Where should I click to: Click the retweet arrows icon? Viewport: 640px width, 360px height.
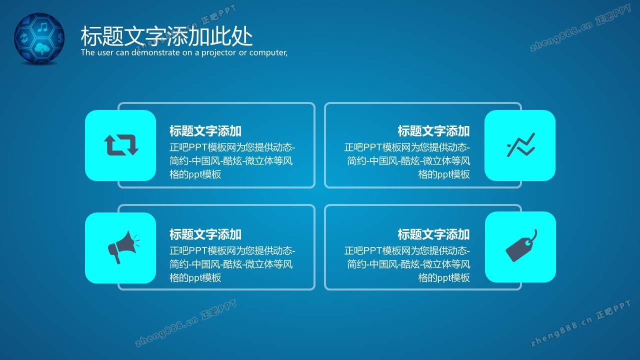[x=121, y=145]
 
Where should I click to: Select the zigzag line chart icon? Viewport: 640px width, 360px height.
[x=521, y=144]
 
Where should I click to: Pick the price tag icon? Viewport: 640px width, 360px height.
[x=521, y=245]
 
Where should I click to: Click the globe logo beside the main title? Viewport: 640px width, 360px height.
[x=39, y=38]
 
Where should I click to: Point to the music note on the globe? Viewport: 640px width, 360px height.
[x=43, y=27]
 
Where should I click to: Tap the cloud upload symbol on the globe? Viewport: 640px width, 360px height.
[x=42, y=48]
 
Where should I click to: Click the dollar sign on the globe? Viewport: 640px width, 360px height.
[x=60, y=37]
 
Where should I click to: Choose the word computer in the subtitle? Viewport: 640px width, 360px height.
[x=268, y=52]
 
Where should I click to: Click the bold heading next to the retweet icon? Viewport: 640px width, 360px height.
[x=205, y=131]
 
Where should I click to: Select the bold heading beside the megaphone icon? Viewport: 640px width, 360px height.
[x=205, y=234]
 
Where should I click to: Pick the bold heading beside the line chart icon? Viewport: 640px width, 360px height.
[x=433, y=131]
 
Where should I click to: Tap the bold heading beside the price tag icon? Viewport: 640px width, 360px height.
[x=433, y=234]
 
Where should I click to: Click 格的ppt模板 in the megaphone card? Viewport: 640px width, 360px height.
[x=195, y=277]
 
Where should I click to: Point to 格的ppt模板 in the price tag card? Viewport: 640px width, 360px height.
[x=444, y=277]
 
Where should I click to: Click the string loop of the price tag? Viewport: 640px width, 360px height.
[x=532, y=237]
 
